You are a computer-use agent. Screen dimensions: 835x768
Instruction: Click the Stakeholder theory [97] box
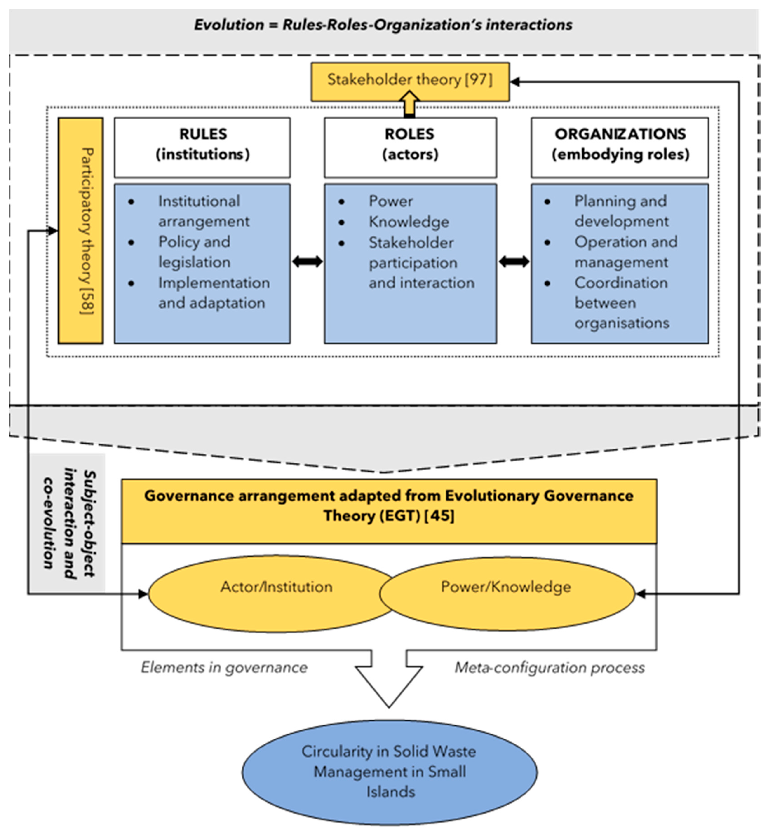pyautogui.click(x=410, y=82)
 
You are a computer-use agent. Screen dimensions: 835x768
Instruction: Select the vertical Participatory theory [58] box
pyautogui.click(x=81, y=231)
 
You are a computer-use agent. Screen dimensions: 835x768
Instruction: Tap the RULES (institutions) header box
pyautogui.click(x=202, y=147)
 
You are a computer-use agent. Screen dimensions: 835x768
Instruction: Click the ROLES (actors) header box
pyautogui.click(x=410, y=147)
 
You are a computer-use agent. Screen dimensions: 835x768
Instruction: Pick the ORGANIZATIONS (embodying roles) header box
pyautogui.click(x=619, y=147)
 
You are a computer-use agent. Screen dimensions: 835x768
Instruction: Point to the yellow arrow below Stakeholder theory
pyautogui.click(x=409, y=104)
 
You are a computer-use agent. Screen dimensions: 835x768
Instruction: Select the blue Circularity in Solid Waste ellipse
pyautogui.click(x=389, y=772)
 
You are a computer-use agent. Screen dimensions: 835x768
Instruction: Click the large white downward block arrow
pyautogui.click(x=389, y=681)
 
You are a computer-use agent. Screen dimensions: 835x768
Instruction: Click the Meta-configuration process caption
pyautogui.click(x=550, y=668)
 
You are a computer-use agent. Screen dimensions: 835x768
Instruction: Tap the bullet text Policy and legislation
pyautogui.click(x=194, y=252)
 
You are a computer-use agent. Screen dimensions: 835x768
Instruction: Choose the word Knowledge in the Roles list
pyautogui.click(x=409, y=222)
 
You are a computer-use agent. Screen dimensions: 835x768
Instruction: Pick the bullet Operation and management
pyautogui.click(x=625, y=252)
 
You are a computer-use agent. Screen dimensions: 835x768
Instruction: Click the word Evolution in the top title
pyautogui.click(x=229, y=25)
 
